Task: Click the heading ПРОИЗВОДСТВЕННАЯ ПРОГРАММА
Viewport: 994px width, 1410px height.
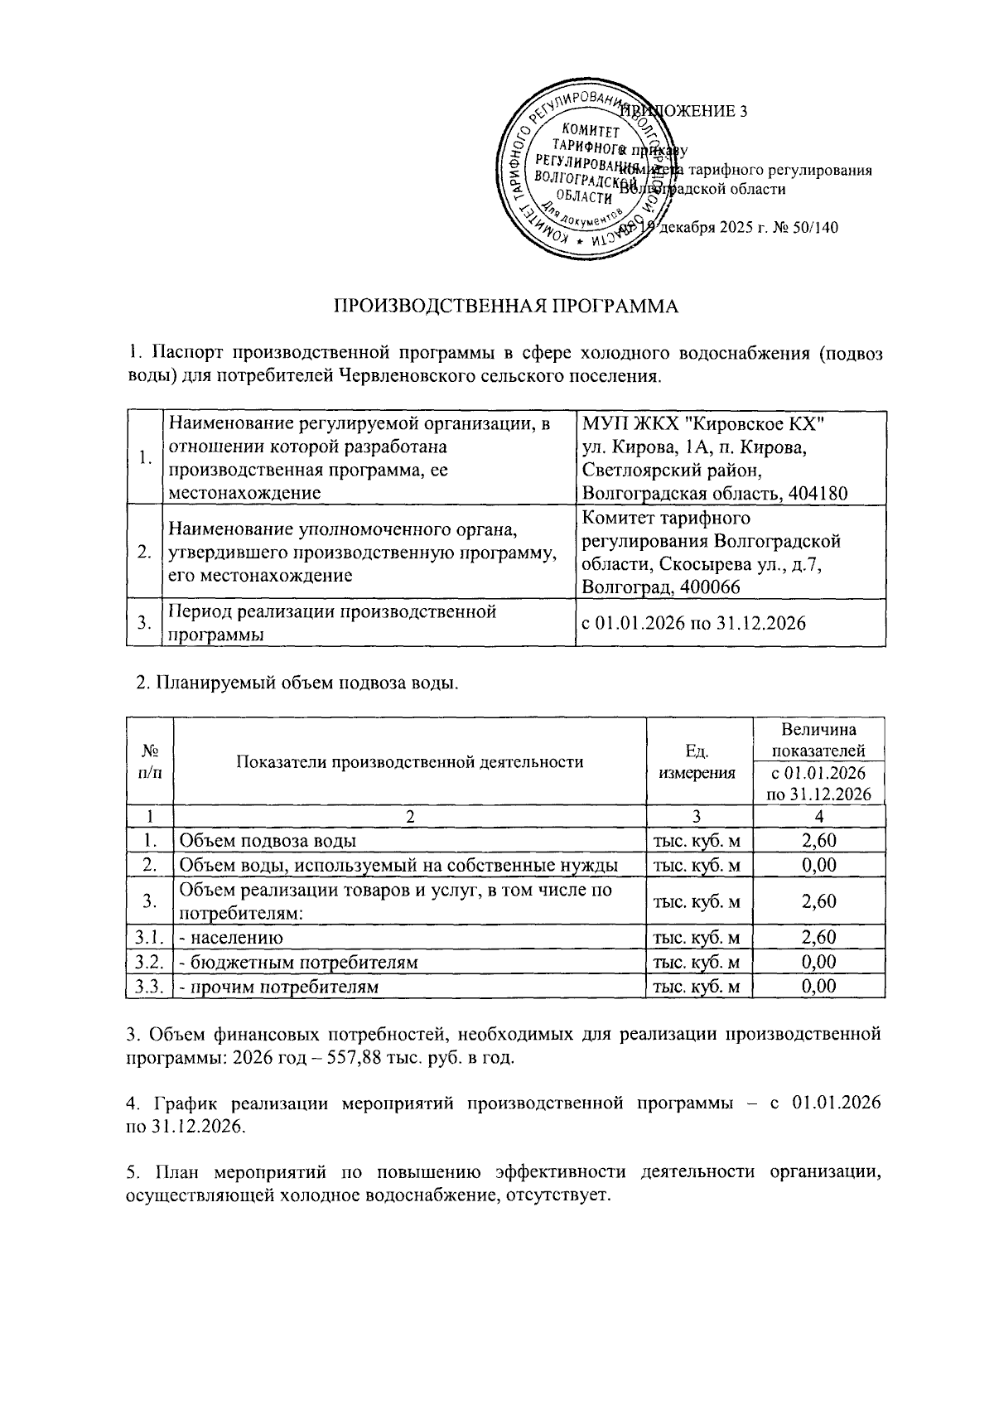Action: pos(505,307)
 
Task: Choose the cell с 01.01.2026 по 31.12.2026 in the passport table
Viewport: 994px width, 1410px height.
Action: pos(694,623)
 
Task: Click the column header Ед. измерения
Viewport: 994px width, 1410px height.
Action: pos(697,761)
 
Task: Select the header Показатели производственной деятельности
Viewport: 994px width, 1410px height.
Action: pos(410,761)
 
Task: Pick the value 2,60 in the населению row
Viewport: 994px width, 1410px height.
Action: pos(818,937)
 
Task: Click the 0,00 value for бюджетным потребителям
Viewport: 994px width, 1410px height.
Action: pos(818,962)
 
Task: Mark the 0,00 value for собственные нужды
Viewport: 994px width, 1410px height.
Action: pos(818,865)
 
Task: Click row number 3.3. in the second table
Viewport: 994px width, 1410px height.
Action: pos(150,987)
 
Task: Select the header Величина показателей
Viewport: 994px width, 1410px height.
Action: pos(818,740)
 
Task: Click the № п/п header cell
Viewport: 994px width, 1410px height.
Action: pos(150,761)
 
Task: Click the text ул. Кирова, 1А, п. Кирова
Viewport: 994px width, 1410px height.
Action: pos(692,447)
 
